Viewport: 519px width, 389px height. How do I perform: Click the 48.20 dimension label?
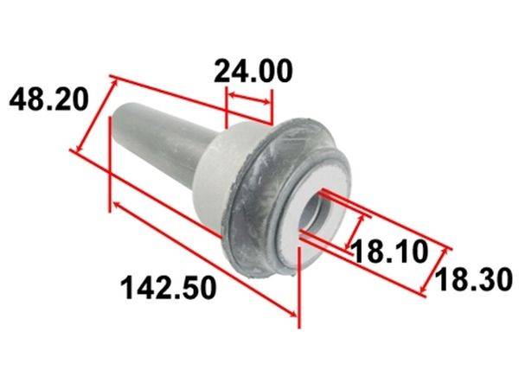click(x=49, y=99)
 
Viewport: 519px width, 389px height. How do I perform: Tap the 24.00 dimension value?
click(x=253, y=71)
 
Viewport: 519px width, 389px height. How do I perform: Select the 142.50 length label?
click(x=168, y=289)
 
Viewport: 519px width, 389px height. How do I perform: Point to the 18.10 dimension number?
click(x=390, y=252)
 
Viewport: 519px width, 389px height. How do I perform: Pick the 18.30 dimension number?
click(x=474, y=280)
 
